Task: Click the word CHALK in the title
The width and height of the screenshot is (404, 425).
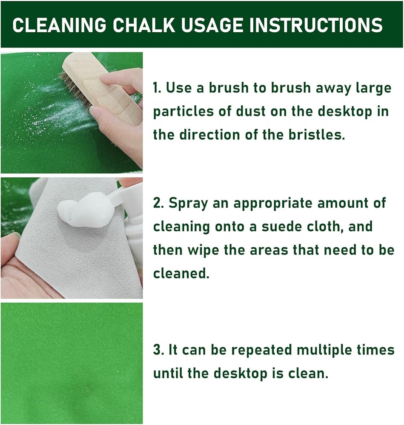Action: [144, 25]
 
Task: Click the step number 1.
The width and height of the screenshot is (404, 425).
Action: [156, 88]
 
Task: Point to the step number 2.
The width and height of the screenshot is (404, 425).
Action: [158, 203]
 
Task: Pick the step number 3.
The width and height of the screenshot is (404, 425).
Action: [158, 350]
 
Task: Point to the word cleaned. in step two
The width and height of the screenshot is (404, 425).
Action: [181, 273]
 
